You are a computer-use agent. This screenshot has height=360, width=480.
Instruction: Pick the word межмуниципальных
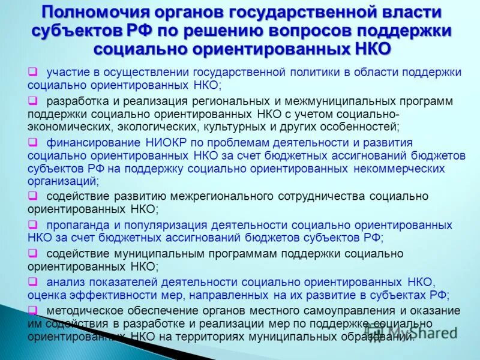[326, 101]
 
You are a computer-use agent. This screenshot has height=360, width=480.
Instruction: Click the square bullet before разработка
[32, 101]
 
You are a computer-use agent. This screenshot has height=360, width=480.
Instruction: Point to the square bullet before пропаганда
[32, 225]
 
